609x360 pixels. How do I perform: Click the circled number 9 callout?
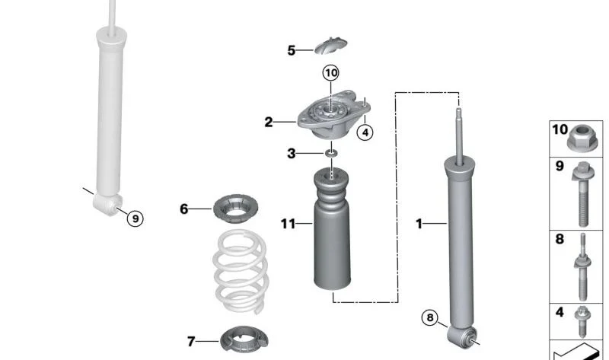pyautogui.click(x=134, y=218)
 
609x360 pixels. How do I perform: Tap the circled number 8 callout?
pyautogui.click(x=432, y=319)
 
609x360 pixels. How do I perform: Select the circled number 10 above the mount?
pyautogui.click(x=330, y=73)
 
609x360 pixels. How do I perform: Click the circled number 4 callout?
pyautogui.click(x=365, y=132)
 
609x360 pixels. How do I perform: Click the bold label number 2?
pyautogui.click(x=269, y=121)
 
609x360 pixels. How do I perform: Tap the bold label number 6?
pyautogui.click(x=183, y=208)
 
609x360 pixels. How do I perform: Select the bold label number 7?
pyautogui.click(x=191, y=341)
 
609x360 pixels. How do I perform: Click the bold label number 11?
pyautogui.click(x=287, y=224)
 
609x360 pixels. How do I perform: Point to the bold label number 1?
pyautogui.click(x=418, y=223)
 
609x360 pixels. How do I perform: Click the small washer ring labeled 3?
pyautogui.click(x=330, y=155)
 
